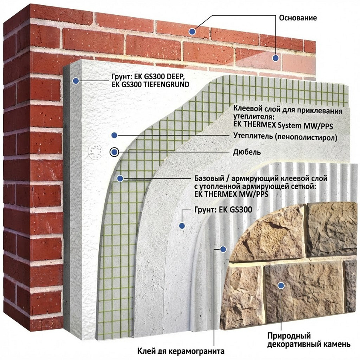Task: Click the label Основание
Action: click(298, 18)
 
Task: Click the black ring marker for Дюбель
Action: click(114, 152)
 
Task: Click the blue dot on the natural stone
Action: click(281, 285)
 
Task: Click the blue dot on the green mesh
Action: click(120, 178)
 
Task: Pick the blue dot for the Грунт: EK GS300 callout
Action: click(182, 226)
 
